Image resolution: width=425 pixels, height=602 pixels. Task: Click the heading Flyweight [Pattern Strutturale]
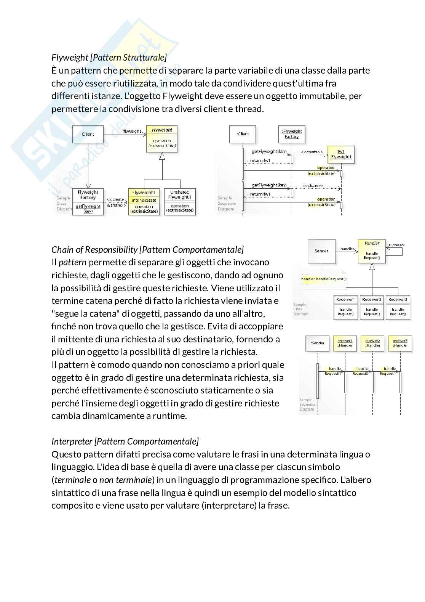109,58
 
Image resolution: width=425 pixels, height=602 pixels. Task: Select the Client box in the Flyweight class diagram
88,134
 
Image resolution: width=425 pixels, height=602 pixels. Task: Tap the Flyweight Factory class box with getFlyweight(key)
88,202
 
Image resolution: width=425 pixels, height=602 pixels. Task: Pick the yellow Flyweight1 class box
144,202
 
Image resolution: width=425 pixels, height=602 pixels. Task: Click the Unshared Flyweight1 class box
180,202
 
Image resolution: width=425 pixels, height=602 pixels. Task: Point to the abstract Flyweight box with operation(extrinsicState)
162,139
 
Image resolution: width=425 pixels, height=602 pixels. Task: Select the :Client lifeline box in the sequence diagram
243,134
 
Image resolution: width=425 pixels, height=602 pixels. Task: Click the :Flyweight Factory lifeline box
292,134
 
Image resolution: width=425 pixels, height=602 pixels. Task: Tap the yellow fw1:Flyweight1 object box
341,154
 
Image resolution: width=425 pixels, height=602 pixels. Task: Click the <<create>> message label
312,152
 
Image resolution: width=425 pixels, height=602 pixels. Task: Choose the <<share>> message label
313,186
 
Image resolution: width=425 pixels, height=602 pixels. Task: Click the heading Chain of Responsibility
147,250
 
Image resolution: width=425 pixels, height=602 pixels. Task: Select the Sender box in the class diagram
322,251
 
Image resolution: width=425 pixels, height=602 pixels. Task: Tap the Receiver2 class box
372,308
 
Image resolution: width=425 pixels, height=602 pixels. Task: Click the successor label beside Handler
396,245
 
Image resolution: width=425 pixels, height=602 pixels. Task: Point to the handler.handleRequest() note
324,279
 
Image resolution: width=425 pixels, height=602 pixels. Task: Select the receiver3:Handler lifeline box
400,343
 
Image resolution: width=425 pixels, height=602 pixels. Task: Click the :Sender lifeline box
318,343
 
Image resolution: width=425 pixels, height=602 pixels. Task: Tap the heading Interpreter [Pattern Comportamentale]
125,441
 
